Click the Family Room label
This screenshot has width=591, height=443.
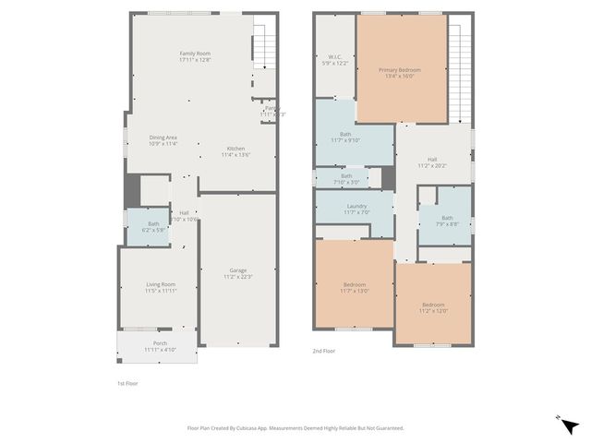[195, 56]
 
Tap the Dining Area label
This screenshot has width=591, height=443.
[163, 140]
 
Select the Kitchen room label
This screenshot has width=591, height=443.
[235, 151]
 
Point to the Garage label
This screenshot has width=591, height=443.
[237, 272]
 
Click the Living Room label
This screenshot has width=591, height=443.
[161, 287]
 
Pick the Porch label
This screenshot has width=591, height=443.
[160, 346]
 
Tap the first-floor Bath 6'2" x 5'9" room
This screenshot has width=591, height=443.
[153, 226]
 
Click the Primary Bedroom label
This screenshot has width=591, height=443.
[401, 73]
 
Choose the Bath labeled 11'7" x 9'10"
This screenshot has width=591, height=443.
[345, 138]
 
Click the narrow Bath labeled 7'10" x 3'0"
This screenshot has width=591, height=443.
[346, 178]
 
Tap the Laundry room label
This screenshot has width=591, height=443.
[356, 209]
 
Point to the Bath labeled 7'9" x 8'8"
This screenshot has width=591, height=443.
[447, 221]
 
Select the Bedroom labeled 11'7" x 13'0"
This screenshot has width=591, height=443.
[354, 287]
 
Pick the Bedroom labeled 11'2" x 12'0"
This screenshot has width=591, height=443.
[434, 307]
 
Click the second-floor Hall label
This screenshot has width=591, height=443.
[431, 162]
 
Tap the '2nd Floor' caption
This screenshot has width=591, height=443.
[323, 352]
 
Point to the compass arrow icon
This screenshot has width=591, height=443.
[570, 425]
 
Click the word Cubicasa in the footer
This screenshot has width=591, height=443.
[252, 428]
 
